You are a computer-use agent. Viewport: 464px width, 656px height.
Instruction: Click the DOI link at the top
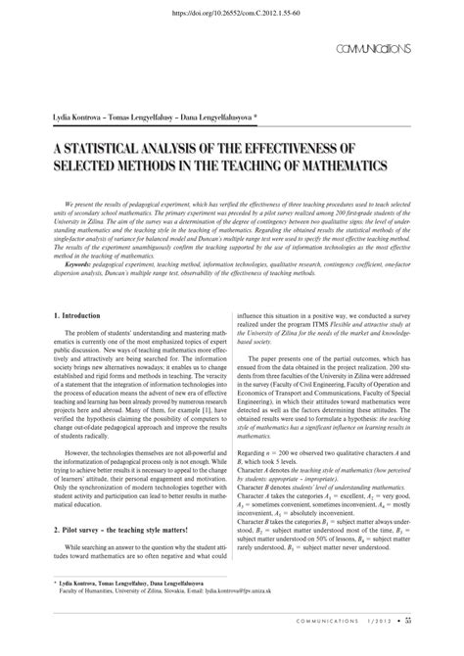click(x=231, y=15)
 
